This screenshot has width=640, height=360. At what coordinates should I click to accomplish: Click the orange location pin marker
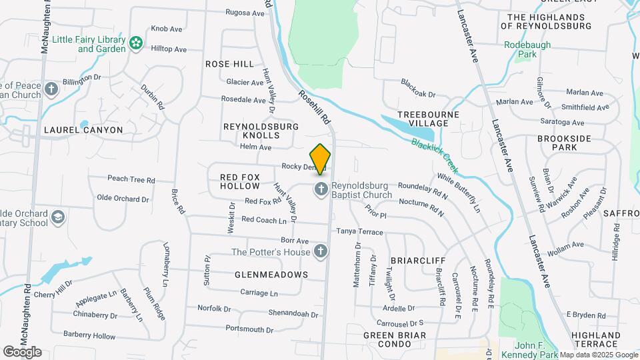321,159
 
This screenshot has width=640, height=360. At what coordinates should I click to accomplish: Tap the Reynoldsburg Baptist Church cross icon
321,190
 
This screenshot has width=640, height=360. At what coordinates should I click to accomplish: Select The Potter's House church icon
321,252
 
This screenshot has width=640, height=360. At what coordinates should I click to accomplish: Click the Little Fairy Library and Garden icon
136,43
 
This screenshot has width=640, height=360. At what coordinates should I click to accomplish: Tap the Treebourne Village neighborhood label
423,119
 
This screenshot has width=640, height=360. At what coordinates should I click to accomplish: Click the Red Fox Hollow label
239,181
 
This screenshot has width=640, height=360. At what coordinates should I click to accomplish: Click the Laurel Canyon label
83,130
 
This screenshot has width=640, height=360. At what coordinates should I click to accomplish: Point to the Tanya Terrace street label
359,232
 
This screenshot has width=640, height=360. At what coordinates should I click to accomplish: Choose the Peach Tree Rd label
131,179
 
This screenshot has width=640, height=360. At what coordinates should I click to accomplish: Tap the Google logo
22,351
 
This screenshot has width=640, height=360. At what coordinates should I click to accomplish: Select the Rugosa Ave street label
245,13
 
